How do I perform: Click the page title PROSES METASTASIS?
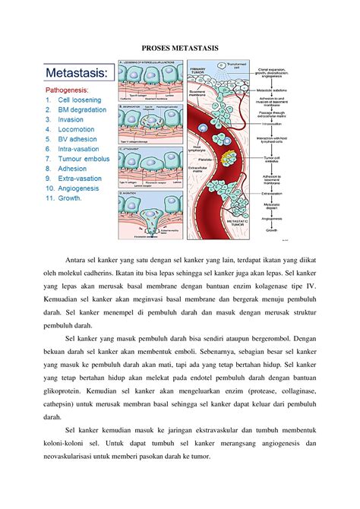tap(180, 48)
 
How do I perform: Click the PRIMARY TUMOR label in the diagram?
tap(197, 71)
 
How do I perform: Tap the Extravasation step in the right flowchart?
tap(292, 191)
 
